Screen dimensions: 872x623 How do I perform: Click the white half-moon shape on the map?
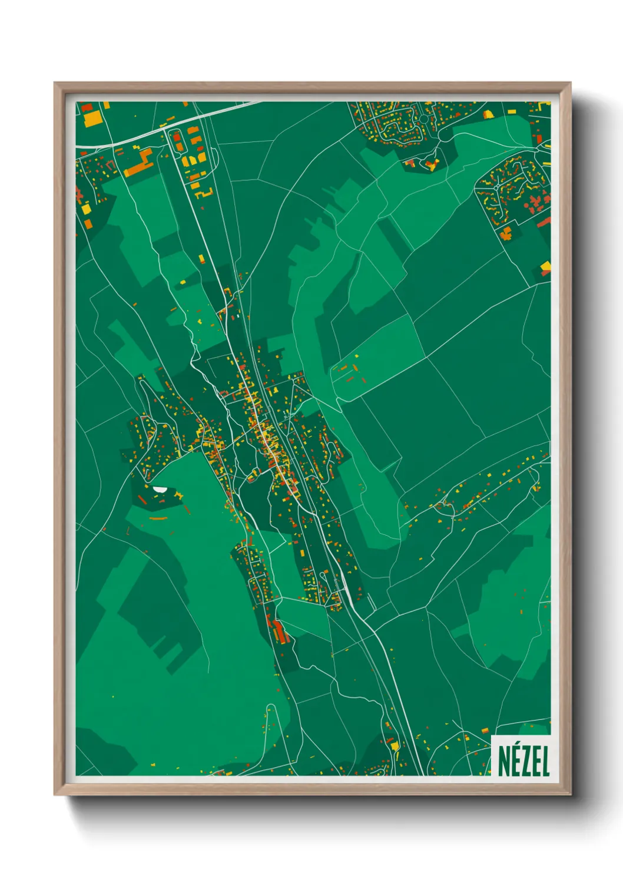click(x=159, y=488)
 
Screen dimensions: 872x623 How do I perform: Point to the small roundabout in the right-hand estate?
click(x=498, y=187)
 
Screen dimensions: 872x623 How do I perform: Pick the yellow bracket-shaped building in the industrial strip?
click(x=203, y=193)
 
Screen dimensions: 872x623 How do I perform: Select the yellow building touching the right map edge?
click(x=546, y=266)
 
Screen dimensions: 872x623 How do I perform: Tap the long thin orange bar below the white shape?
click(x=158, y=518)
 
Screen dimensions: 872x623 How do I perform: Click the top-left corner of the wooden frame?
click(x=55, y=84)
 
